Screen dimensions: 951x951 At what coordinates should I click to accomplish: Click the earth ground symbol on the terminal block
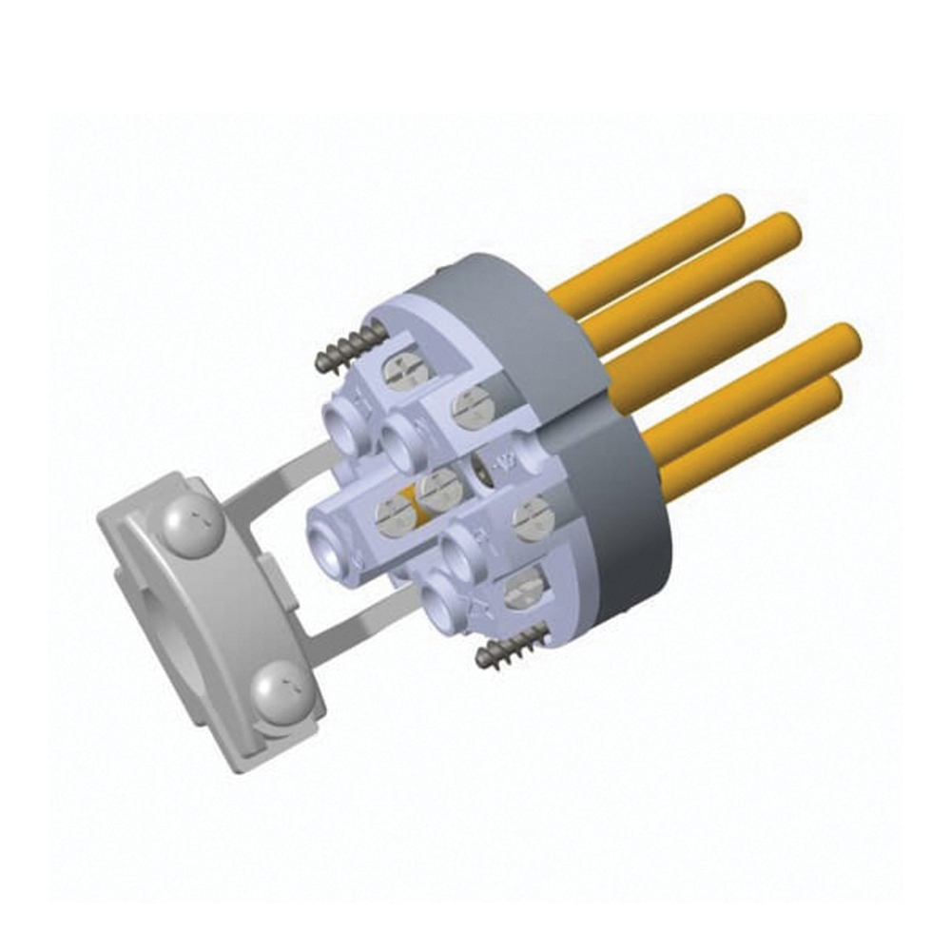coord(502,463)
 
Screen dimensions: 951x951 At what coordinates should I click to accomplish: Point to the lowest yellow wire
coord(751,433)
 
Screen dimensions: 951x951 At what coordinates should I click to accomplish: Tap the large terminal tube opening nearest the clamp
coord(328,552)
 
